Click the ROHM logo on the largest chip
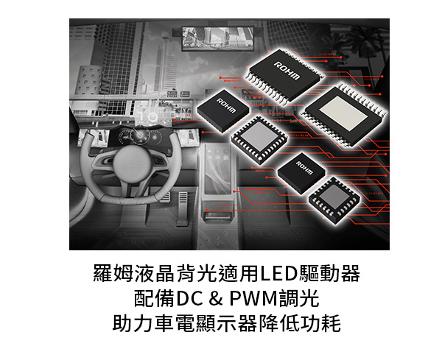click(x=287, y=71)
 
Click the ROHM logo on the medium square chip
click(x=226, y=105)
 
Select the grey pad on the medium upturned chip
click(x=259, y=137)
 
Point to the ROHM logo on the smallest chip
click(x=304, y=168)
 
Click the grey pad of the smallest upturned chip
click(x=334, y=197)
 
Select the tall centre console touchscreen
click(x=217, y=169)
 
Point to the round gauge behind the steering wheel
click(x=138, y=135)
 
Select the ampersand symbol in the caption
click(x=216, y=299)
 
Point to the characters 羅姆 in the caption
click(x=113, y=274)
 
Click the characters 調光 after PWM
click(x=299, y=299)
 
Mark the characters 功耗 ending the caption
click(x=320, y=323)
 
